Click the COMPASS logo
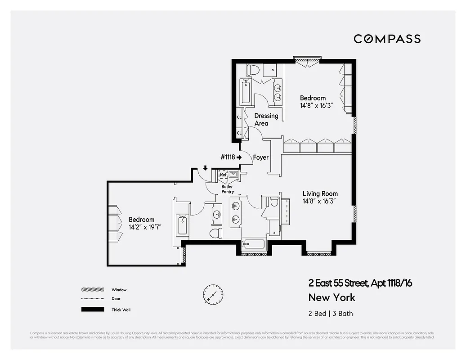387,39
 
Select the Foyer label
261,157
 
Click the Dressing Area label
266,119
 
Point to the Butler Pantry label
228,189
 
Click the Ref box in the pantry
223,175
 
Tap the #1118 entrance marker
231,157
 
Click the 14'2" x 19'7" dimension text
145,227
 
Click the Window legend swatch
92,290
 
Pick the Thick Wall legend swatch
92,310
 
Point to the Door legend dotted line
92,299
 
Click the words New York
332,297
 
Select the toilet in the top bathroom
254,70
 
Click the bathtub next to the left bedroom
182,225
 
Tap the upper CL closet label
239,117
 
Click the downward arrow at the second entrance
205,168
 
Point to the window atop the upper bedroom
308,58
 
